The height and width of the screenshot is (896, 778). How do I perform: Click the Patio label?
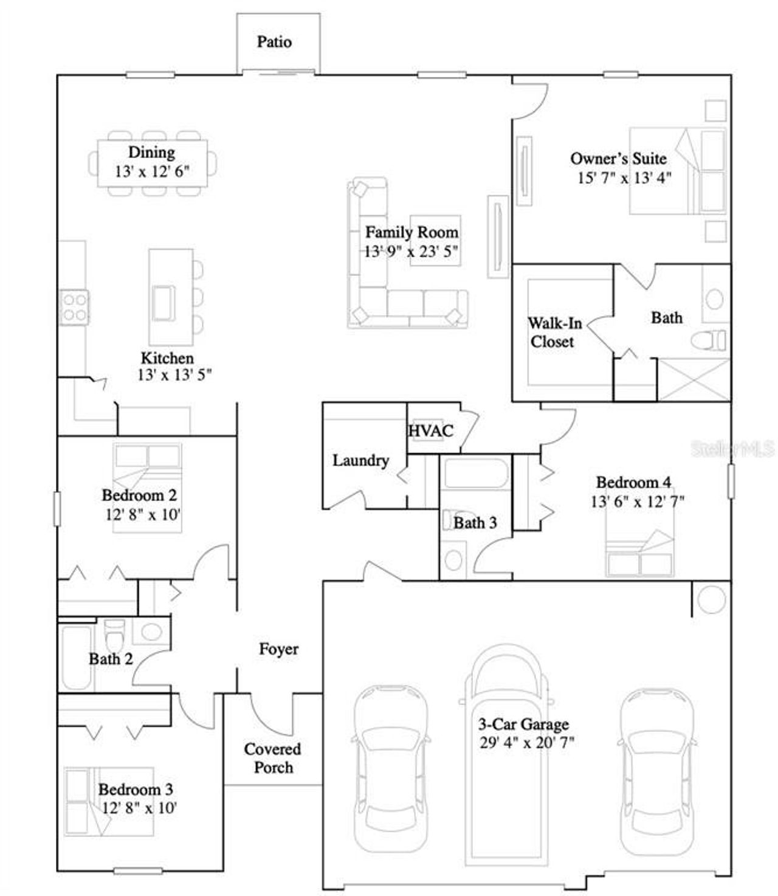tap(274, 42)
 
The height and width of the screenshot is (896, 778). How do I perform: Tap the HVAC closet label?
tap(430, 431)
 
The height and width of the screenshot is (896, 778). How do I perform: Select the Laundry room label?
tap(360, 461)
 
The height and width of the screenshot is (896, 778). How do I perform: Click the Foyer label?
tap(278, 649)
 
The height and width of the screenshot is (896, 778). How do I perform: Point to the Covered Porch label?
tap(272, 758)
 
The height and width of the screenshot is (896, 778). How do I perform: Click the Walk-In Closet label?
tap(553, 333)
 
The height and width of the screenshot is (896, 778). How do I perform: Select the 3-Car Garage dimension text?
tap(526, 743)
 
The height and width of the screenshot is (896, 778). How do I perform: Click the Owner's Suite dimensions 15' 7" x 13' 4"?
tap(624, 178)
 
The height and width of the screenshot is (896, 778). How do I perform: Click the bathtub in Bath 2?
tap(77, 658)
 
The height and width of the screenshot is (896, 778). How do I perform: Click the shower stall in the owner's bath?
tap(694, 380)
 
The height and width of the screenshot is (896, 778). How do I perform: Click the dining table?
tap(152, 164)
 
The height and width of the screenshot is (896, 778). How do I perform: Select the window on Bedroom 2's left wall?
tap(57, 508)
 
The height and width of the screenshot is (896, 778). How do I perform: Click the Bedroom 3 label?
tap(136, 790)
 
